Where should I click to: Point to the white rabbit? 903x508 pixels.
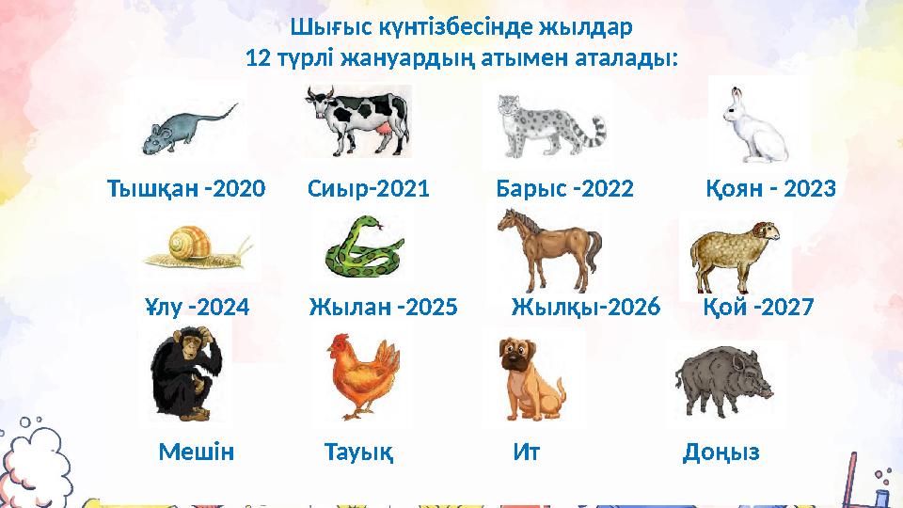pyautogui.click(x=756, y=123)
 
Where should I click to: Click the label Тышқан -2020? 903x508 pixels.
pyautogui.click(x=186, y=189)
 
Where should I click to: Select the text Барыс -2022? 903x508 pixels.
pyautogui.click(x=564, y=189)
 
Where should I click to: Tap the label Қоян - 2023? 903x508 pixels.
pyautogui.click(x=769, y=189)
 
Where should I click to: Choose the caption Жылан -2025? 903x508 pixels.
pyautogui.click(x=383, y=308)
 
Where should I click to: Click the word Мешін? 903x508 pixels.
pyautogui.click(x=196, y=453)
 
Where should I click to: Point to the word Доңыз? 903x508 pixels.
pyautogui.click(x=721, y=453)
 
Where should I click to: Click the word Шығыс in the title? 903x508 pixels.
pyautogui.click(x=325, y=25)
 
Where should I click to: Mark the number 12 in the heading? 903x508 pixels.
pyautogui.click(x=255, y=58)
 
